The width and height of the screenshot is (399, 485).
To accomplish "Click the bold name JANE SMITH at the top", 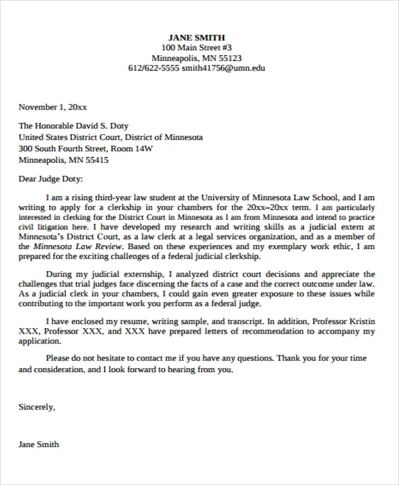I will point(196,37).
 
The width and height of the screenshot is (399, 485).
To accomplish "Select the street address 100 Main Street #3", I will point(196,48).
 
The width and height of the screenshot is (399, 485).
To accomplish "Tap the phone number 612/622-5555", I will point(154,68).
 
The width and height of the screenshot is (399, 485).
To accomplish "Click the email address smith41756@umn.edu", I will point(223,68).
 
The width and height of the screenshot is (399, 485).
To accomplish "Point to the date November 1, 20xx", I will point(53,107).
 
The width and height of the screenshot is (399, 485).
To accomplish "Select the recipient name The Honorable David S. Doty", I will point(73,126).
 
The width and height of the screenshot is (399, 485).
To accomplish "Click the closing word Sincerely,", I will point(37,406).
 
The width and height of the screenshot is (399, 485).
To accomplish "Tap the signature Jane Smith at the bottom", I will point(39,444).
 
